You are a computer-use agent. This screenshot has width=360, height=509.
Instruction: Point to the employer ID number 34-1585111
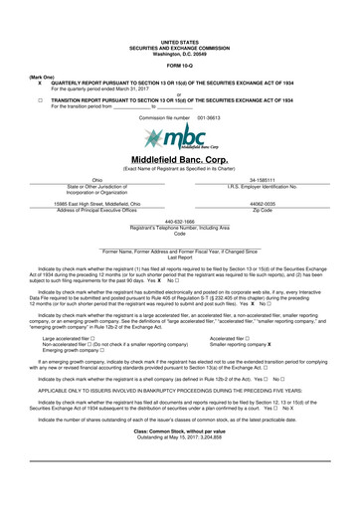click(263, 180)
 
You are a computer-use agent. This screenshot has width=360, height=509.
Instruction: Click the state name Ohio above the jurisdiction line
click(96, 180)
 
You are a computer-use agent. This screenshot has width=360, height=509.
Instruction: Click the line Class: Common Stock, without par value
click(180, 458)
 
